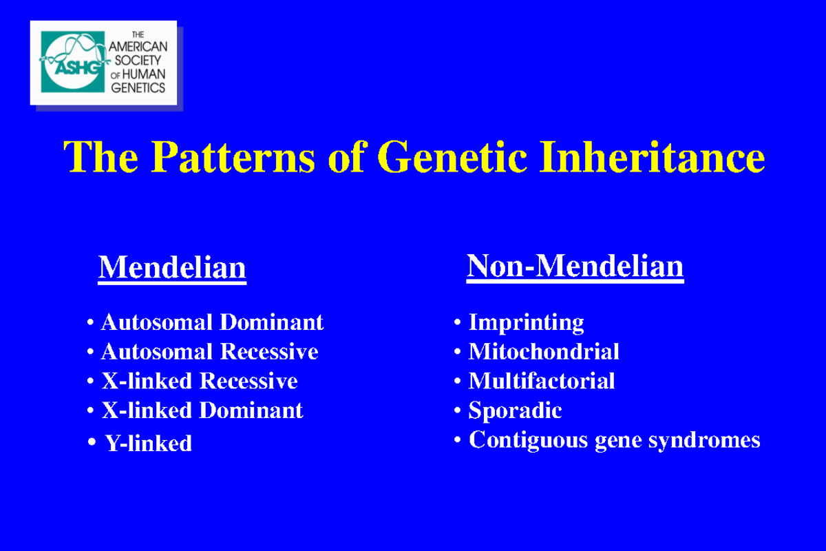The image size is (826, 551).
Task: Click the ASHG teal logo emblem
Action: [x=73, y=61]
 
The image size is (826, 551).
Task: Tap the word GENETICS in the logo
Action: [x=138, y=88]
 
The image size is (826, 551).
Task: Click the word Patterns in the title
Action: [x=233, y=157]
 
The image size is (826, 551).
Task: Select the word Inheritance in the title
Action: [x=652, y=156]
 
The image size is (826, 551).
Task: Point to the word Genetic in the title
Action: [x=452, y=157]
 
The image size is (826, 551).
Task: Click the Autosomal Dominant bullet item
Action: [x=213, y=322]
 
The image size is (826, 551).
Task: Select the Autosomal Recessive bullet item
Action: [x=209, y=351]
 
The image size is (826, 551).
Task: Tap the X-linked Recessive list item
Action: [x=200, y=381]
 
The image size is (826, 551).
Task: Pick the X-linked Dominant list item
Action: [x=202, y=410]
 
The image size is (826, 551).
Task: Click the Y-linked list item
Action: [x=148, y=443]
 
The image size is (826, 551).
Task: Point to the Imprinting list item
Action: [x=526, y=322]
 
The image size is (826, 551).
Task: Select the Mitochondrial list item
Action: [x=544, y=351]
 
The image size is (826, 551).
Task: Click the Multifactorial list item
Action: [x=541, y=381]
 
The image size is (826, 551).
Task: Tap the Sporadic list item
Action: [x=515, y=410]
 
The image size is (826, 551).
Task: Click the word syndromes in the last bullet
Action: [x=704, y=441]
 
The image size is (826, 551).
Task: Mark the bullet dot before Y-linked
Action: [x=92, y=441]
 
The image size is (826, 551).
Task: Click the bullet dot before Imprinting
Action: [x=457, y=322]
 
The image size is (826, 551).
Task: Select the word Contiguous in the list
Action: [x=528, y=440]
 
